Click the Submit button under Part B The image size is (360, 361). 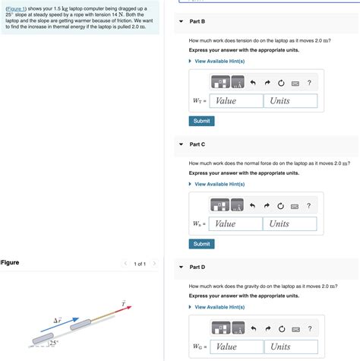201,121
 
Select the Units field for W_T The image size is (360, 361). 289,101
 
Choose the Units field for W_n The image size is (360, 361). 289,223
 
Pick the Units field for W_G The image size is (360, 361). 289,347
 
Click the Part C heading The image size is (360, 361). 197,144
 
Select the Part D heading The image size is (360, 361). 197,267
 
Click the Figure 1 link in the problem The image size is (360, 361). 16,8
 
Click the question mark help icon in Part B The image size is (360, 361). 309,82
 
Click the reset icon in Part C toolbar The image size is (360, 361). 280,205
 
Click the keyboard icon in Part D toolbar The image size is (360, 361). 295,328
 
